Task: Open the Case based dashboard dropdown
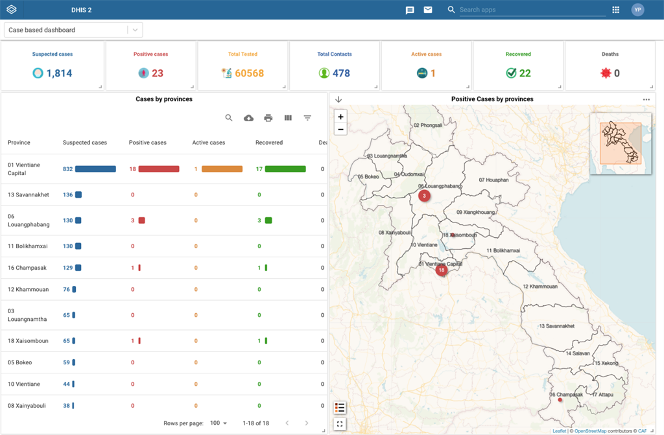(x=135, y=30)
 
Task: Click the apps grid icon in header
(x=616, y=10)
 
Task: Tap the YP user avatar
(x=637, y=10)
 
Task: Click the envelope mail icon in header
(x=428, y=10)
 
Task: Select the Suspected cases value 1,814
(x=59, y=73)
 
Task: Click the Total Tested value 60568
(x=249, y=73)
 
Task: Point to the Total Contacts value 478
(x=341, y=73)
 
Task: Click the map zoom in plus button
(x=340, y=117)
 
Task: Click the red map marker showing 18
(x=442, y=270)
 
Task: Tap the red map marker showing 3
(x=424, y=195)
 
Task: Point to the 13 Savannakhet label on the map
(x=558, y=326)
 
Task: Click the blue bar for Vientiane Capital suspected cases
(x=95, y=169)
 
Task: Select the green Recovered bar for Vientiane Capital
(x=285, y=169)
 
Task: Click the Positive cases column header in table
(x=148, y=143)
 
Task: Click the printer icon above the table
(x=268, y=118)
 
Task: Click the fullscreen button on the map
(x=340, y=424)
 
